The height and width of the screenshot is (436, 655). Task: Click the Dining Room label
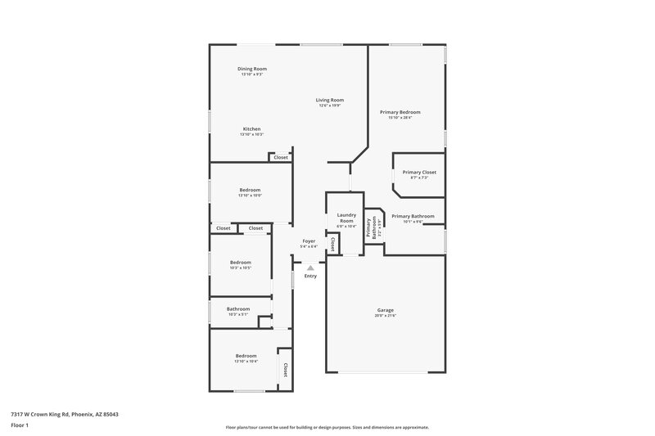tap(252, 69)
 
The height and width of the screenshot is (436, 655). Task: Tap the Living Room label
tap(330, 100)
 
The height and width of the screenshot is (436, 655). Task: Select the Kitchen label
tap(251, 129)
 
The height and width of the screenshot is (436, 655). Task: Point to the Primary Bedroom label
tap(400, 112)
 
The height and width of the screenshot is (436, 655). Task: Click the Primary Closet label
tap(419, 173)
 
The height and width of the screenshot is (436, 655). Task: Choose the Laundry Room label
tap(346, 218)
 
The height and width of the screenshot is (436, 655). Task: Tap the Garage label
tap(386, 310)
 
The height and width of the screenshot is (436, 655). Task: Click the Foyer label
tap(309, 240)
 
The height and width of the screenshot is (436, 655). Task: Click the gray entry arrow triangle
tap(310, 267)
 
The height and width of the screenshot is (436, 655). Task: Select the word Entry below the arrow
tap(310, 276)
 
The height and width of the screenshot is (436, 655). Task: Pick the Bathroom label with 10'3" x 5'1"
tap(238, 308)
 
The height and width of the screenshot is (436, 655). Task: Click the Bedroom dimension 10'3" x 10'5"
tap(240, 267)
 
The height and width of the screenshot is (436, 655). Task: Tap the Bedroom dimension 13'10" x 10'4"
tap(246, 361)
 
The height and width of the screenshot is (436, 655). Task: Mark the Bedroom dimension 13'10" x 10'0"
tap(250, 195)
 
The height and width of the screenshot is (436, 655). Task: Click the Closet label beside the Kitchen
tap(280, 157)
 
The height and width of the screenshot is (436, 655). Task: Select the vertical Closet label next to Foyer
tap(332, 244)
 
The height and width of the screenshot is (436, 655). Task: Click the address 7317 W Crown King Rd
tap(64, 414)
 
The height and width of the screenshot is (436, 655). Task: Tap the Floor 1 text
tap(20, 426)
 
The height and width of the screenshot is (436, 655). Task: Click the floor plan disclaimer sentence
tap(327, 427)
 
